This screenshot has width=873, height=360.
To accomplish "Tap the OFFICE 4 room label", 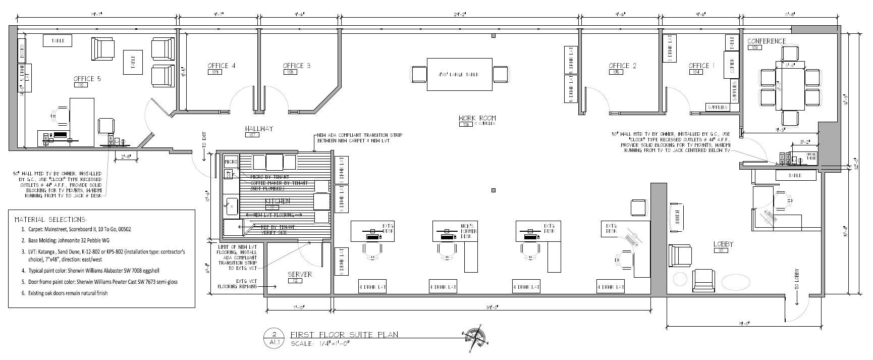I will [x=221, y=66].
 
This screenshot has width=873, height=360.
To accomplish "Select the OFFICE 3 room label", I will [x=297, y=66].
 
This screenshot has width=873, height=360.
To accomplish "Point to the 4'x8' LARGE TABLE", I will [x=459, y=74].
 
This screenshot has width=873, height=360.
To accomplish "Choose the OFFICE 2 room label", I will [x=622, y=66].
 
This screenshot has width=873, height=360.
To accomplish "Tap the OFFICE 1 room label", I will [x=702, y=66].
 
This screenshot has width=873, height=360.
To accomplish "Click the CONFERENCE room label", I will [x=766, y=41].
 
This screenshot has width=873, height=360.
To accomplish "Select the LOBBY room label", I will [x=723, y=244].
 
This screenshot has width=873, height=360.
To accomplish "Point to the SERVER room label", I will [x=300, y=274].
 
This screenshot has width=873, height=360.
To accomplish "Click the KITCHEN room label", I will [x=278, y=201].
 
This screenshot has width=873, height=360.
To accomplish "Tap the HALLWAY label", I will [x=259, y=129].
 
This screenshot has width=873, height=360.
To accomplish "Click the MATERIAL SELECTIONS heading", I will [x=50, y=220].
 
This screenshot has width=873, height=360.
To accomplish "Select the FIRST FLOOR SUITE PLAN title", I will [x=344, y=334].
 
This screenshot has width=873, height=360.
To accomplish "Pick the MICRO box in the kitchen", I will [x=231, y=162].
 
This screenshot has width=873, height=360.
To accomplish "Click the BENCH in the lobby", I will [x=678, y=217].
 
